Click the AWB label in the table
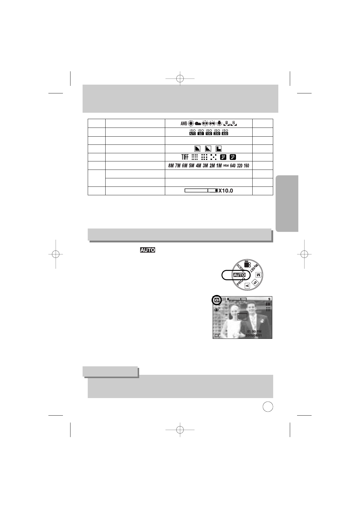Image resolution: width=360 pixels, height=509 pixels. coord(184,123)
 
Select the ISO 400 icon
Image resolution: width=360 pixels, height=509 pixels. coord(225,132)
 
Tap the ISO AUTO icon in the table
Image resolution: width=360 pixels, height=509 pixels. coord(192,132)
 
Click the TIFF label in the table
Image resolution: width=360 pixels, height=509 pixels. coord(185,157)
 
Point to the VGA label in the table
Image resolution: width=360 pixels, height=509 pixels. coord(226,166)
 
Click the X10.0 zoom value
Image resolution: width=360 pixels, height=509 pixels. coord(226,191)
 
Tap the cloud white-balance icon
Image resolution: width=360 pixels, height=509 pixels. coord(198,123)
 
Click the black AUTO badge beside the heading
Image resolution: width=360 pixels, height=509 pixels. coord(147,250)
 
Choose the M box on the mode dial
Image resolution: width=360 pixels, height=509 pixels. coord(258,275)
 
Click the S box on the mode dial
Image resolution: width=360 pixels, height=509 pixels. coord(255,283)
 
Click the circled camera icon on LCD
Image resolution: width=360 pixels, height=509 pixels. coord(216,300)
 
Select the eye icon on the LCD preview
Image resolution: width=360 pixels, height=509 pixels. coord(217,310)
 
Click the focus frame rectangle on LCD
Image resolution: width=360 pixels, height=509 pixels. coord(242,317)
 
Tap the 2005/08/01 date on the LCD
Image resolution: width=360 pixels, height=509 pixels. coord(254,336)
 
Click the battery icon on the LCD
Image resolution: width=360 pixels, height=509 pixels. coord(217,336)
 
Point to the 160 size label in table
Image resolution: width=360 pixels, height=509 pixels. coord(246,166)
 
